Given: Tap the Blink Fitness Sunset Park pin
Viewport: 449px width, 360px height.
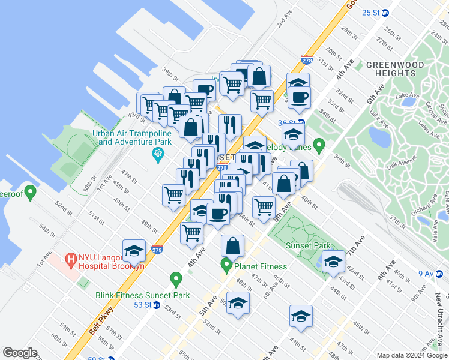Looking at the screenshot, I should click(176, 279).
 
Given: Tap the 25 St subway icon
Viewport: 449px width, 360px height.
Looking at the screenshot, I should click(385, 12).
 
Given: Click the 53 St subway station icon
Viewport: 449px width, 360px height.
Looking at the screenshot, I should click(157, 305).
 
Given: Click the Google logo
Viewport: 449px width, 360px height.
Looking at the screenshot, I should click(20, 353).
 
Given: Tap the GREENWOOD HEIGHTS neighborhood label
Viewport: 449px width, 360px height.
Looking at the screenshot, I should click(390, 68).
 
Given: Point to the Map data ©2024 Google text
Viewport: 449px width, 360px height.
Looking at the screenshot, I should click(411, 355).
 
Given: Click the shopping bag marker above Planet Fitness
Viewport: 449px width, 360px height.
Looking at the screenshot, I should click(232, 245).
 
